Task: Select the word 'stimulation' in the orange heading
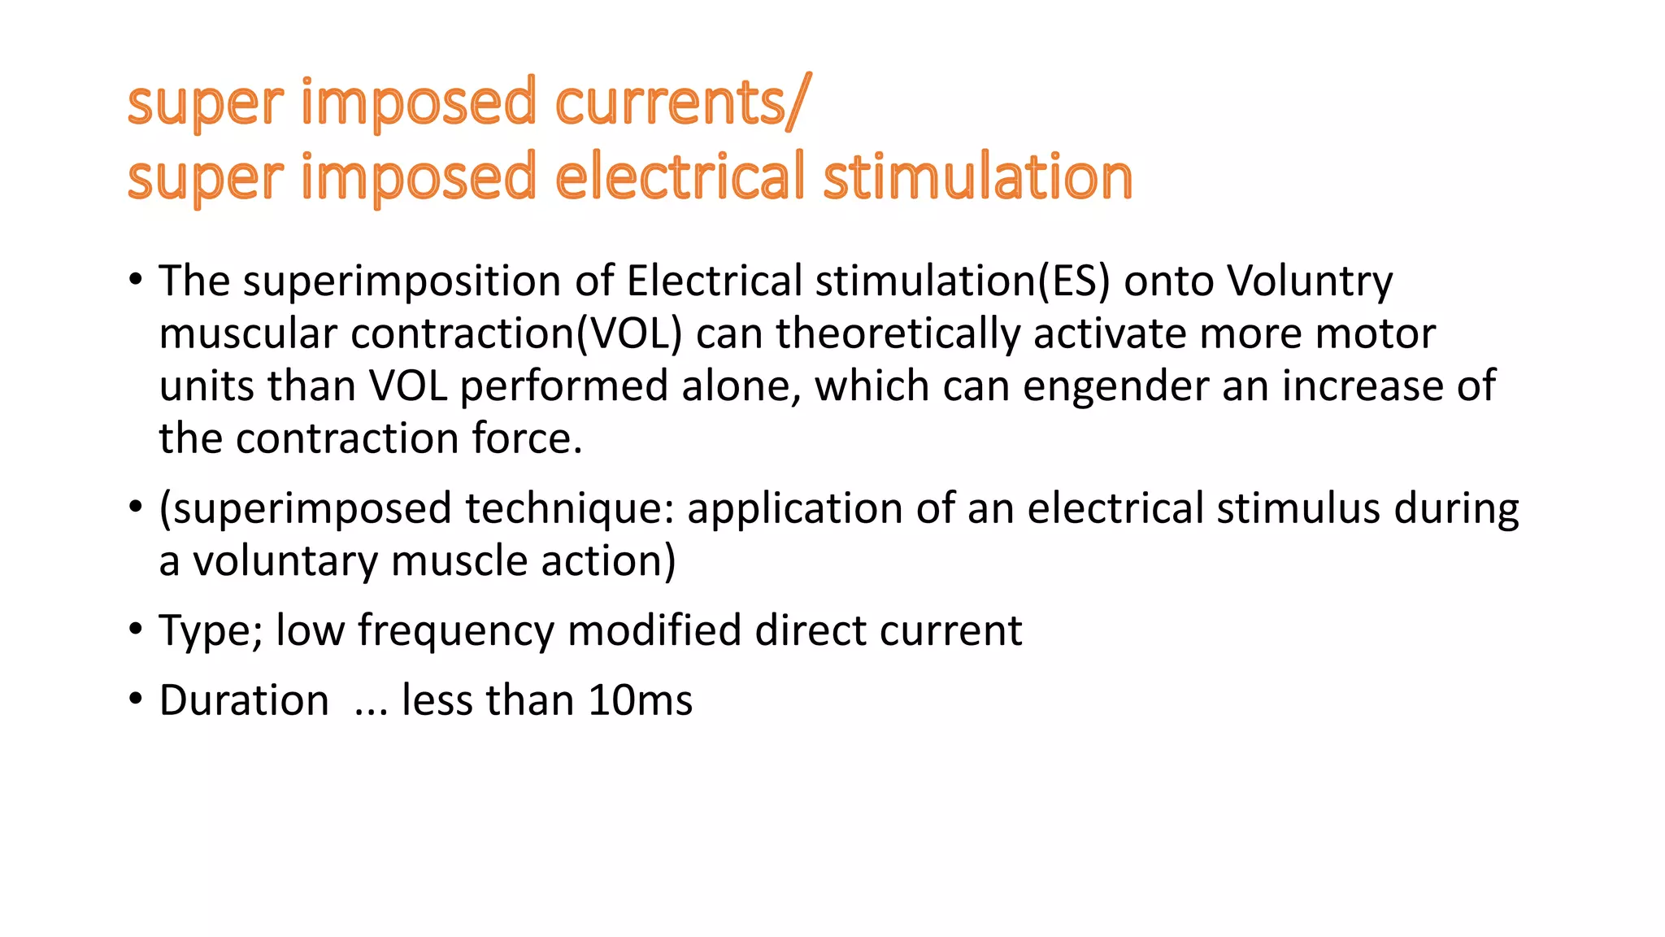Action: click(977, 177)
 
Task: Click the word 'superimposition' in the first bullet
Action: click(402, 281)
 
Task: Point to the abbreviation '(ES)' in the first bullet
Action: click(1072, 281)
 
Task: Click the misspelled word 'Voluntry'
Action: click(1310, 281)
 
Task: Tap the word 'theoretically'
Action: click(898, 334)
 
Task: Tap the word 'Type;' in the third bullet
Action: click(211, 631)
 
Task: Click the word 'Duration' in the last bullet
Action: click(244, 700)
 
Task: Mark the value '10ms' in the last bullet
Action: click(640, 700)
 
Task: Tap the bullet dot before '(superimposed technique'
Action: click(136, 508)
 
